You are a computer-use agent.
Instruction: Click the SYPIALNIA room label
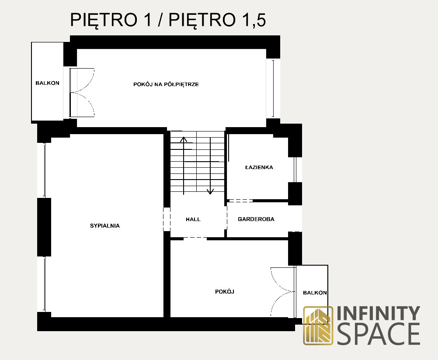105,226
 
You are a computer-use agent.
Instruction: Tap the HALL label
193,219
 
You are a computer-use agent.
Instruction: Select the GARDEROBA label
256,219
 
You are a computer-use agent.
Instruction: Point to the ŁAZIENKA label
259,167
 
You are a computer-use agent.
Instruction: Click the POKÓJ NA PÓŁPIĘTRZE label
166,84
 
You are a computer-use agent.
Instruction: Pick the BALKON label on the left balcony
47,83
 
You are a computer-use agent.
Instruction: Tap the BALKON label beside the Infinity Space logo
315,293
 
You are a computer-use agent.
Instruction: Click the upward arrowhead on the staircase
184,139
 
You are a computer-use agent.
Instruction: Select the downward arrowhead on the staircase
210,191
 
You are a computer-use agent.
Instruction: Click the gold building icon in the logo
318,325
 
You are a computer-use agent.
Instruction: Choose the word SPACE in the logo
379,334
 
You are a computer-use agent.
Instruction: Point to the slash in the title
160,20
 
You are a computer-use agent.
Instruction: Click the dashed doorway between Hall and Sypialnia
167,219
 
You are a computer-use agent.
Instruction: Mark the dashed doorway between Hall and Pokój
195,238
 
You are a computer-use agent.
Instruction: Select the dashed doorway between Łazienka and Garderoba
240,201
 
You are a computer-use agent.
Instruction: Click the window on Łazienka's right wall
295,170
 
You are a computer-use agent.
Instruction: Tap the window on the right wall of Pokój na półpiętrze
273,89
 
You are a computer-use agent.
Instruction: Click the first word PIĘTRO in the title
104,20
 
